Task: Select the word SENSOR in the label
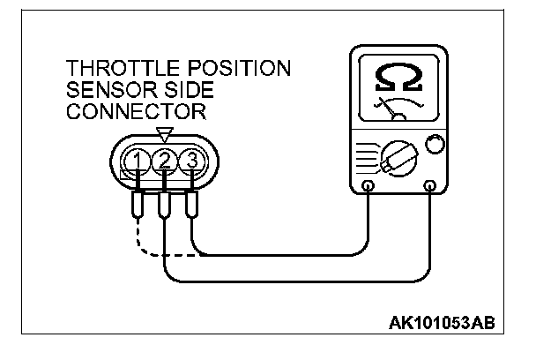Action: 104,91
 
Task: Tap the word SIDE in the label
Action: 176,91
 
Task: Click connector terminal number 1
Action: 138,160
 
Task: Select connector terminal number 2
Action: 164,160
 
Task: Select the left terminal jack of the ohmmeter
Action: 367,186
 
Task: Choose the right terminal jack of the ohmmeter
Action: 430,186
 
